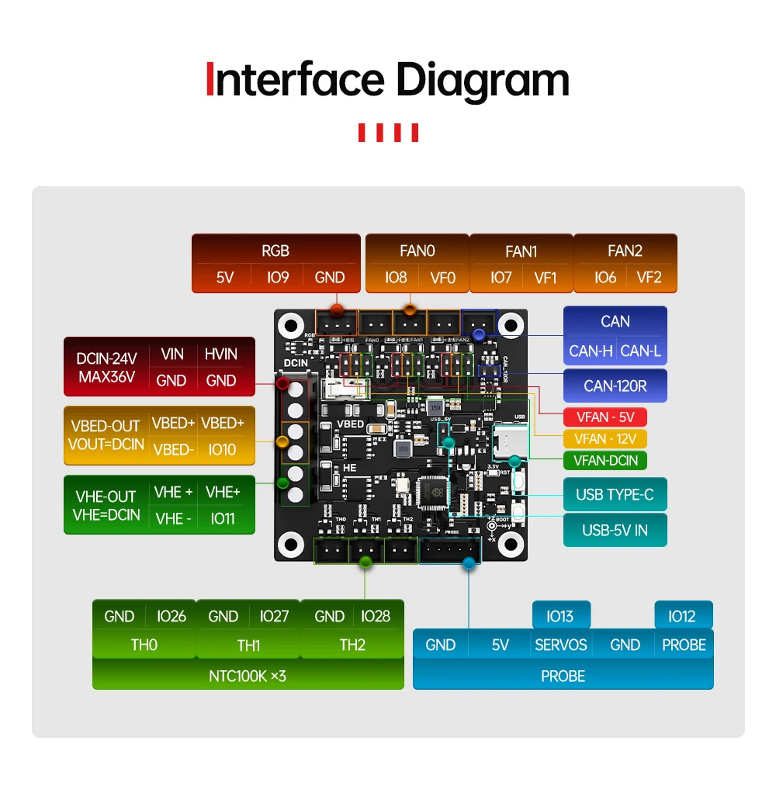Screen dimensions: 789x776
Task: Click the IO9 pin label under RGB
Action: click(277, 277)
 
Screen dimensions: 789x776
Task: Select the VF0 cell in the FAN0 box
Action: click(442, 277)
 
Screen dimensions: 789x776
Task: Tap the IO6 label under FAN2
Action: click(605, 277)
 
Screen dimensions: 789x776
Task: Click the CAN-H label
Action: click(591, 351)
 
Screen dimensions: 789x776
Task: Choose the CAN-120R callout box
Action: click(615, 386)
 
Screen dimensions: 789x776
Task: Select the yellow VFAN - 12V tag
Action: click(605, 438)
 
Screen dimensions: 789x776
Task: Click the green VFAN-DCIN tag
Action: click(605, 460)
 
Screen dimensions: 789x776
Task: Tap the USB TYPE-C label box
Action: click(615, 494)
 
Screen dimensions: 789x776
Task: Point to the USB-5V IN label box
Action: click(615, 531)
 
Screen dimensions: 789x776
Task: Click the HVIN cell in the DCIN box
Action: click(221, 354)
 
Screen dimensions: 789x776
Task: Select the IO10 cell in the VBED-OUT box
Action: click(222, 449)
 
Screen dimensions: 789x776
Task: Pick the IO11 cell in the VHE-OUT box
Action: click(222, 518)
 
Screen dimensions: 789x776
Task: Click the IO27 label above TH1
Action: click(274, 616)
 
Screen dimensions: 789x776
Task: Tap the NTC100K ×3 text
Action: click(248, 676)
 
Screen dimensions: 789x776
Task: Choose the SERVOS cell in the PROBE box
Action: click(560, 645)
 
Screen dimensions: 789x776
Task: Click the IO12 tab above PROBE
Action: click(682, 616)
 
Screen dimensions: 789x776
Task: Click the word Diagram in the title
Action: click(483, 81)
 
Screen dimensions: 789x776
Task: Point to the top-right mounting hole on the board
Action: click(510, 324)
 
